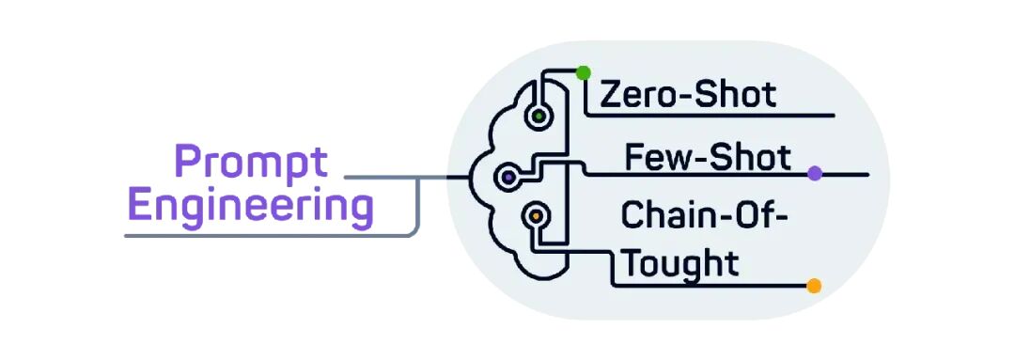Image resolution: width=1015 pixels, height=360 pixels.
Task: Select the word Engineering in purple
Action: (251, 207)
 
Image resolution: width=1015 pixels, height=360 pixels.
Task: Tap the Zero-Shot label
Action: (688, 95)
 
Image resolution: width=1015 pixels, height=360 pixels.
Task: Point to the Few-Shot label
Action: (708, 157)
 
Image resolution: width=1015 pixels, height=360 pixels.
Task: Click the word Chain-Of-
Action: (705, 215)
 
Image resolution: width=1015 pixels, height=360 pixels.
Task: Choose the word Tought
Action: (683, 264)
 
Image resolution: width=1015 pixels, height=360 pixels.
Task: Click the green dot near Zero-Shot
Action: (584, 72)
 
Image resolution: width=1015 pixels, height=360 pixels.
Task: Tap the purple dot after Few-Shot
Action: (815, 174)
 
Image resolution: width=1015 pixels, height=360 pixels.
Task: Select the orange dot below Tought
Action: (814, 286)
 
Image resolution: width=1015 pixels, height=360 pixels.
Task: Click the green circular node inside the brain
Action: (539, 117)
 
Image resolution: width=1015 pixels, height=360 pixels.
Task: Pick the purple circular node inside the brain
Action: (508, 176)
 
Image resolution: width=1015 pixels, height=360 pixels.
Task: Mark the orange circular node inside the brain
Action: (536, 214)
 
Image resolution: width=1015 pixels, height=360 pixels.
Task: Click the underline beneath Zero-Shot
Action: (710, 116)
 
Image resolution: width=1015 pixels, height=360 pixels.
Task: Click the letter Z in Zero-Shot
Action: (611, 95)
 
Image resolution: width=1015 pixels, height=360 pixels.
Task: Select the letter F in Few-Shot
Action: (635, 157)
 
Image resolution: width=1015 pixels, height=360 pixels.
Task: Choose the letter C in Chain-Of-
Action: (632, 215)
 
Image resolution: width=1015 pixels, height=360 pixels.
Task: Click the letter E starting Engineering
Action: (140, 205)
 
